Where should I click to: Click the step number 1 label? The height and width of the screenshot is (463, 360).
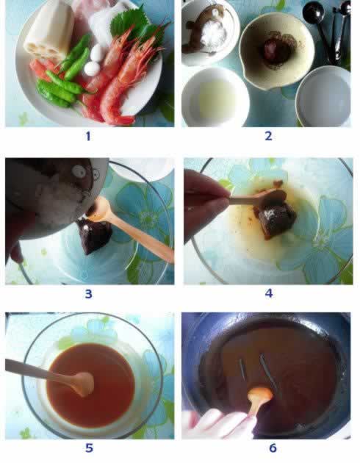88,136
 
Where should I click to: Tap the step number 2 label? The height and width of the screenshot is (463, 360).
268,136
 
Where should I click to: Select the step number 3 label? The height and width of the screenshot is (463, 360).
88,294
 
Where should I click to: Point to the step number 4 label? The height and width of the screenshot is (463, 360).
268,293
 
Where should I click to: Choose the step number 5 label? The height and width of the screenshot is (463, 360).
89,448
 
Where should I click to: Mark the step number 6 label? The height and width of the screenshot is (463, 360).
273,448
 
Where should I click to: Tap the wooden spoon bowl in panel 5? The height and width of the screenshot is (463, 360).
84,384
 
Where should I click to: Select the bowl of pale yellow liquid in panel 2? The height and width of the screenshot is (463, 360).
215,98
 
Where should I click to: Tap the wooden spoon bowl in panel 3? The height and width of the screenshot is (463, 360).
100,209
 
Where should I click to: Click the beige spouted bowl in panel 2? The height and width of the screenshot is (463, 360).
276,50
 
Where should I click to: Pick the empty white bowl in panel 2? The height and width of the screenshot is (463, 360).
323,97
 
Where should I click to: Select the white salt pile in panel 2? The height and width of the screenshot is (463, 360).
214,33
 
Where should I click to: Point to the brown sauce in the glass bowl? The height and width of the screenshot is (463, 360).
91,385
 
